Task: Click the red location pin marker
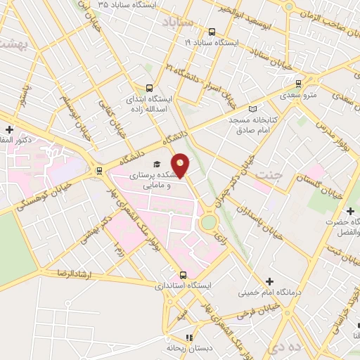(x=181, y=165)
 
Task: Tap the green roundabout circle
(x=209, y=223)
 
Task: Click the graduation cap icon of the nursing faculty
(x=155, y=162)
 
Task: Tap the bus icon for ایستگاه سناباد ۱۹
(x=212, y=31)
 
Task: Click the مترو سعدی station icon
(x=298, y=83)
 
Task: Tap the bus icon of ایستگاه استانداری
(x=184, y=275)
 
